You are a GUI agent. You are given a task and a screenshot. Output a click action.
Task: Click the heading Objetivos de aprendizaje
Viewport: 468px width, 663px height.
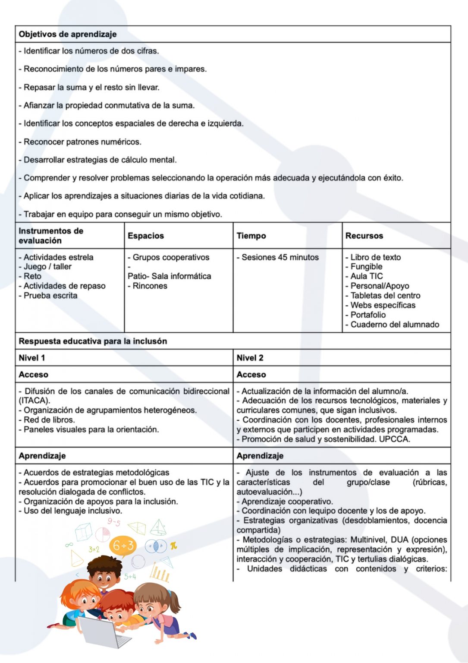[68, 34]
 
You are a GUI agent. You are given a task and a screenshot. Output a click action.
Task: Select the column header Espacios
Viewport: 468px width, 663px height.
[146, 236]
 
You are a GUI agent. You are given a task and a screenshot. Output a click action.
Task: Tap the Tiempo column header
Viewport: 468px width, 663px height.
[251, 236]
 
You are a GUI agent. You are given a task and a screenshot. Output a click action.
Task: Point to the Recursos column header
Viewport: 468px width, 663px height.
[364, 236]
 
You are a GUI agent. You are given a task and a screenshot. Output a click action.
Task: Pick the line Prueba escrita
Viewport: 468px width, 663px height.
[50, 296]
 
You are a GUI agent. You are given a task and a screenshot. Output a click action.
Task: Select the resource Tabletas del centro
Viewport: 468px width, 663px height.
[385, 296]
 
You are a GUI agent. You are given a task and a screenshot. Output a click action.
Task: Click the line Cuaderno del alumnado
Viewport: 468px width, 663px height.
[394, 325]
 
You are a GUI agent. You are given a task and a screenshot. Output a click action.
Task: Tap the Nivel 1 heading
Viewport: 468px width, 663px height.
[32, 358]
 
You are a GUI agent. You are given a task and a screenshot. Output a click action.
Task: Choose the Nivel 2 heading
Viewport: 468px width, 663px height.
[250, 358]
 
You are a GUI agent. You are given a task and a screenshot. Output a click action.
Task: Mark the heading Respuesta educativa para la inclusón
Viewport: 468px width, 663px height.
[93, 341]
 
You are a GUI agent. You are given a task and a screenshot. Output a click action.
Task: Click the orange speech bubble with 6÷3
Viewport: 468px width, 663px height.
[123, 546]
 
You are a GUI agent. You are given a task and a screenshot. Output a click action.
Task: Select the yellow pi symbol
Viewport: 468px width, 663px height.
[173, 546]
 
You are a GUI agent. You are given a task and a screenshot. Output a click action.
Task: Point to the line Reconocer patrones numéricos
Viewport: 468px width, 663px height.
[82, 142]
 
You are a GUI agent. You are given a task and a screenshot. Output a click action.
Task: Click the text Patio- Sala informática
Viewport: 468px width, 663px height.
[169, 276]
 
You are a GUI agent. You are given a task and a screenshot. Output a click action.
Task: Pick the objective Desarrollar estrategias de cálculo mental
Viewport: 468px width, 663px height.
[100, 160]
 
